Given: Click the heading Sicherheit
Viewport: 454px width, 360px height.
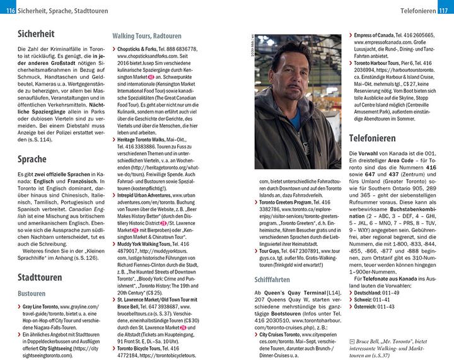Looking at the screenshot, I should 37,34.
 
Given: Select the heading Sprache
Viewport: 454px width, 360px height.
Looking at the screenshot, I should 32,160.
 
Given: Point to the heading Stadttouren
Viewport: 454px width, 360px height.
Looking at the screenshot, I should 40,277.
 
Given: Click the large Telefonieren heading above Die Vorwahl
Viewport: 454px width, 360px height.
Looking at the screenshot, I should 381,137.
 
